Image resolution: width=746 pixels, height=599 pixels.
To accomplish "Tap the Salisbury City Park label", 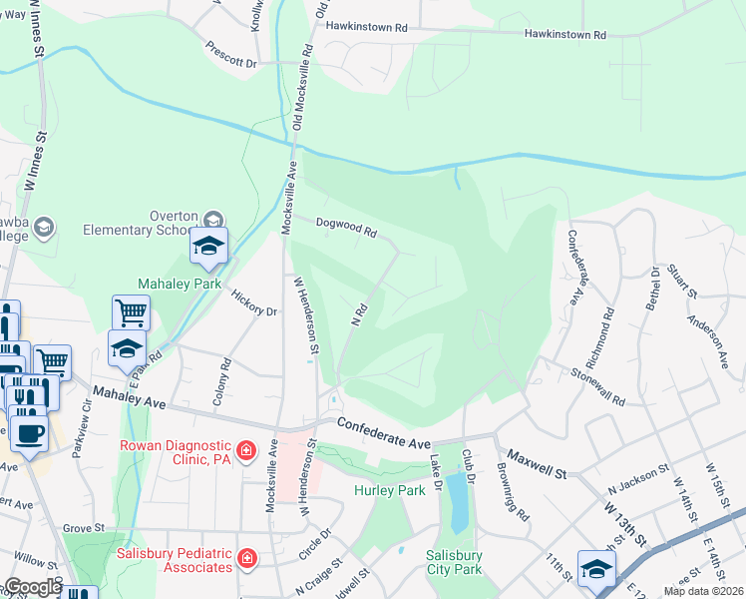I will (455, 562).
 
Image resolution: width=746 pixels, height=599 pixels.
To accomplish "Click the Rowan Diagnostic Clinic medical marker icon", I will (244, 451).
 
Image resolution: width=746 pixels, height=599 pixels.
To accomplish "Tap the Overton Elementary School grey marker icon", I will (213, 220).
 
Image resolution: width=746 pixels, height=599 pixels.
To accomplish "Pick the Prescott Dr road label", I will (231, 54).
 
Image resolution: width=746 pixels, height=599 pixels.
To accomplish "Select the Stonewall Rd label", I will (598, 385).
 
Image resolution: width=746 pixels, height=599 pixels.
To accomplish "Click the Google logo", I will (32, 587).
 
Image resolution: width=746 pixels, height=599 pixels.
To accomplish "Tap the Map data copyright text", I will (704, 591).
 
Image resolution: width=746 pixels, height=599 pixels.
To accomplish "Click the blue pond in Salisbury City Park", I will (456, 501).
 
